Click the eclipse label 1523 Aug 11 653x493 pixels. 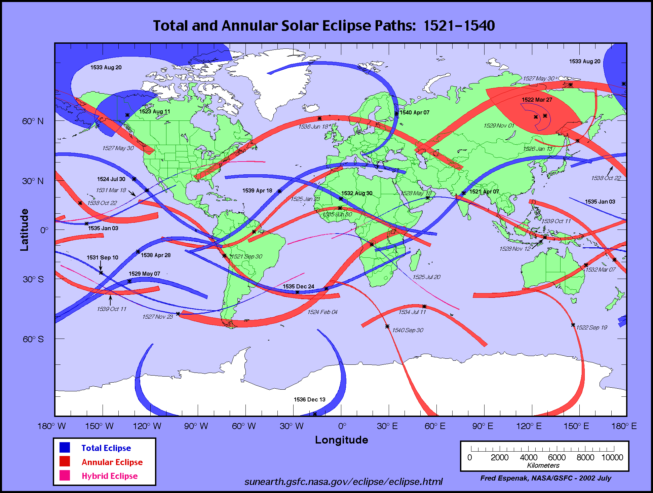click(x=155, y=111)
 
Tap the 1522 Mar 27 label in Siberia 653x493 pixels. click(x=537, y=100)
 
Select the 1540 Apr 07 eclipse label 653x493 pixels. click(x=414, y=112)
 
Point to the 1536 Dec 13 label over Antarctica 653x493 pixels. click(x=309, y=399)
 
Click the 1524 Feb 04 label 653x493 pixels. click(x=322, y=312)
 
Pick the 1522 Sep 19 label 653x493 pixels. click(x=591, y=327)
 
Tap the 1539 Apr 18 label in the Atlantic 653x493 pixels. click(x=257, y=190)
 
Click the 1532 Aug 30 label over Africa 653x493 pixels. click(x=357, y=193)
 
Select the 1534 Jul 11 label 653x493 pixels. click(x=412, y=312)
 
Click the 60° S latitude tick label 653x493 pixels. click(x=33, y=339)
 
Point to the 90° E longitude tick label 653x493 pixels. click(x=483, y=426)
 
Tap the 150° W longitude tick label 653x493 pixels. click(x=99, y=426)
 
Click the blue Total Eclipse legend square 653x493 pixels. click(x=65, y=448)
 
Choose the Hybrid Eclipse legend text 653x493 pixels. click(x=110, y=476)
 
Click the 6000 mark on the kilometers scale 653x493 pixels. click(x=556, y=457)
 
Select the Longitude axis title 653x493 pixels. click(x=341, y=440)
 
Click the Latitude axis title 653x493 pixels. click(x=24, y=230)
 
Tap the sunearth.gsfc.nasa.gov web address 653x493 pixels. click(x=343, y=482)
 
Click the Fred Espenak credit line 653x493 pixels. click(x=545, y=478)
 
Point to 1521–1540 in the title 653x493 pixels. click(x=459, y=26)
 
